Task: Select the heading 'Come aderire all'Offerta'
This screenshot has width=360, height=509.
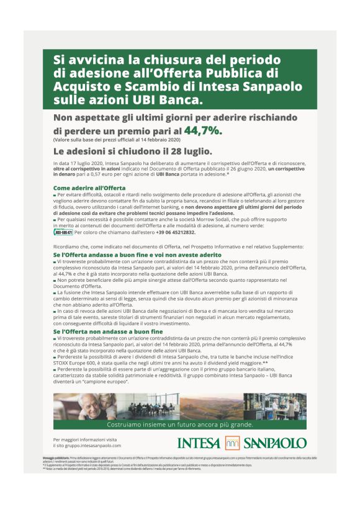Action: pos(89,187)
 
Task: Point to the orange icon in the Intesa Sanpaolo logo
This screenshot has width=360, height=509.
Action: pos(232,443)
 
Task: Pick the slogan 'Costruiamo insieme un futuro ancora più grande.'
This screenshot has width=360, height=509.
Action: pos(180,425)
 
